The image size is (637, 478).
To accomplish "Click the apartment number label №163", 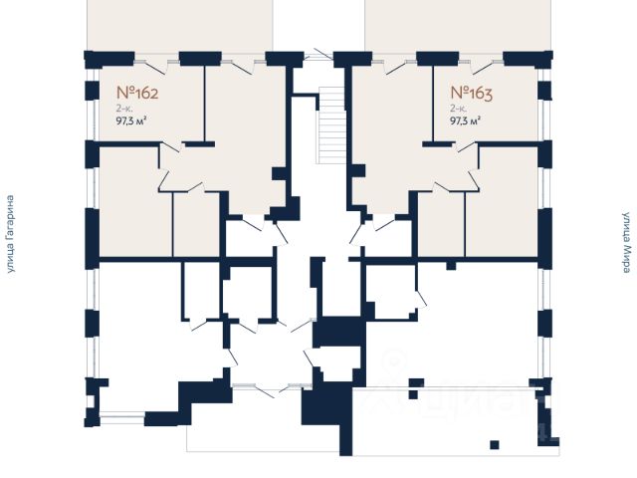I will tap(472, 95).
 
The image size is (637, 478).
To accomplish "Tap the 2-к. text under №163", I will tap(459, 110).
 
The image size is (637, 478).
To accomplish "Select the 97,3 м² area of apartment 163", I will tap(466, 123).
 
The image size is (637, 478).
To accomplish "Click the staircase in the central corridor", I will tap(328, 123).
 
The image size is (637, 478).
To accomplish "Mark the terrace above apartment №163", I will tap(458, 24).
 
